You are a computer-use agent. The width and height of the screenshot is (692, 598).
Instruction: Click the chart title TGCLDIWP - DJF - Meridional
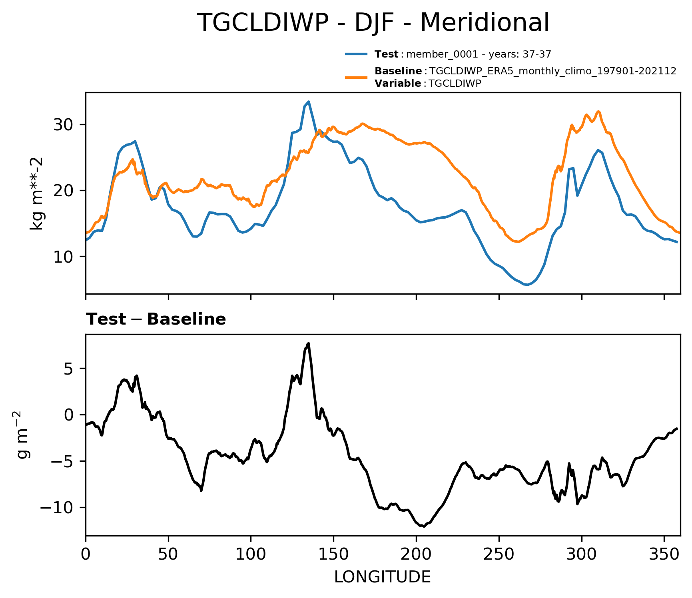(x=373, y=22)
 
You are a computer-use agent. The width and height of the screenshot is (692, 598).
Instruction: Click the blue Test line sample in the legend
(x=356, y=54)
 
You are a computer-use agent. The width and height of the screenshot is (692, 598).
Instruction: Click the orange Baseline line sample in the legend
(x=356, y=77)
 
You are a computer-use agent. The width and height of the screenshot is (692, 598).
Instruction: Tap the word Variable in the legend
(x=398, y=84)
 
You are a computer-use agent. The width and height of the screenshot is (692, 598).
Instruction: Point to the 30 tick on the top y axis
(x=64, y=125)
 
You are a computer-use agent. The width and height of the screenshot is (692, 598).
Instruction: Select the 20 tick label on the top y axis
(x=64, y=191)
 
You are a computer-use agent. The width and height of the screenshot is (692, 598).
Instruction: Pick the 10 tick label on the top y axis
(x=64, y=257)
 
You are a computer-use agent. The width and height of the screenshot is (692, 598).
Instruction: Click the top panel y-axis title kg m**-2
(x=37, y=193)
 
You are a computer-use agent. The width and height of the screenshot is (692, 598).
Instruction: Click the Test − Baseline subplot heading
(x=156, y=319)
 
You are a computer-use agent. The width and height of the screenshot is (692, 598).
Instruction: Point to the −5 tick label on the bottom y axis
(x=62, y=461)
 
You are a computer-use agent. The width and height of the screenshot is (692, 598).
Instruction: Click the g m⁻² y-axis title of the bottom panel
(x=23, y=434)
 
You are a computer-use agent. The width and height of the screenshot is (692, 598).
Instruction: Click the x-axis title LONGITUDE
(x=383, y=577)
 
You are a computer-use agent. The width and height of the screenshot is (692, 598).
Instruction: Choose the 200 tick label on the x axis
(x=416, y=554)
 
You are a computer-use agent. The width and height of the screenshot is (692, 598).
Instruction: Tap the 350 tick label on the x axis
(x=664, y=554)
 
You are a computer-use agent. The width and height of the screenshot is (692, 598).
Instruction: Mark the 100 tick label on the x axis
(x=251, y=554)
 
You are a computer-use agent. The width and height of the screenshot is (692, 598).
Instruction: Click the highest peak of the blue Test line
(x=309, y=102)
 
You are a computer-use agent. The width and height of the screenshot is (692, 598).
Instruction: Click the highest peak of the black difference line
(x=309, y=343)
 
